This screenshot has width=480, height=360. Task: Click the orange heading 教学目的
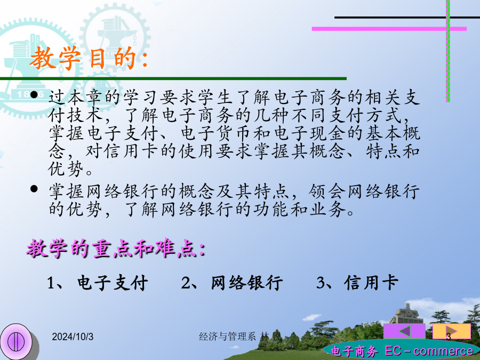pos(89,58)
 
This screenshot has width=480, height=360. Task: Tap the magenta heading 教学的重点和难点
pos(116,248)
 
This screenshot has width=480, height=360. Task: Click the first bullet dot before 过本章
pos(34,94)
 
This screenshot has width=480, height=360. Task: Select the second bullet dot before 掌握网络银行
pos(34,189)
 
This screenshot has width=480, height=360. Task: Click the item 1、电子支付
pos(98,283)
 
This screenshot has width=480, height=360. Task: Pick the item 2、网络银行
pos(232,283)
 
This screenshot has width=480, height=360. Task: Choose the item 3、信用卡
pos(357,283)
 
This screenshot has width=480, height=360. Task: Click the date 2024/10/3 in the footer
pos(73,337)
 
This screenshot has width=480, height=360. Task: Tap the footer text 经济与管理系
pos(227,337)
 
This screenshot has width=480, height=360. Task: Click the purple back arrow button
pos(404,331)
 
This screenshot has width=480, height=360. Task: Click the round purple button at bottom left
pos(16,342)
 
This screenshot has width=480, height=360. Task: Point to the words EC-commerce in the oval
pos(429,351)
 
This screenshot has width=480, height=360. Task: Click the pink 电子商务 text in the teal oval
pos(354,351)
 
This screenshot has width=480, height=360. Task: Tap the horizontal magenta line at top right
pos(389,29)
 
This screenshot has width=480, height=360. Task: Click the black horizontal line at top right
pos(407,18)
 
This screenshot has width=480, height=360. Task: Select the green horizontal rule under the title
pos(173,79)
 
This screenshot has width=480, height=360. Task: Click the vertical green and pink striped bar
pos(448,51)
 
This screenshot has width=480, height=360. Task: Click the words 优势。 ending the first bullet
pos(70,169)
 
